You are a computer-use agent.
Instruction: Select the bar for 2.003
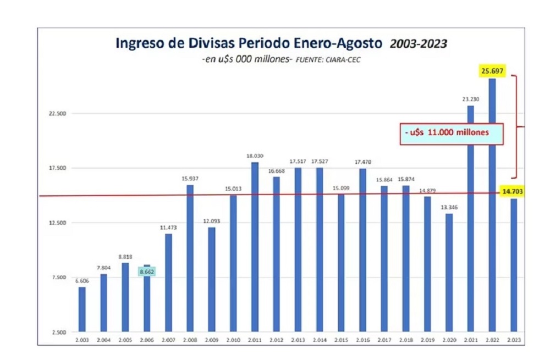point(82,310)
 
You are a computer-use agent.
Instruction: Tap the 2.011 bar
point(255,247)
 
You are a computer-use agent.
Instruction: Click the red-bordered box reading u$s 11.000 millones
point(451,134)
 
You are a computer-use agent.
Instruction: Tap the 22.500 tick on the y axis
point(58,114)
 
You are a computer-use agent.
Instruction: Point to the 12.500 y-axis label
point(58,223)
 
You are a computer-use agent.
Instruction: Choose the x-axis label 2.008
point(190,341)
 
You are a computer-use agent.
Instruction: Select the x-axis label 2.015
point(341,341)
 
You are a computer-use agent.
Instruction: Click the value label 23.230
point(471,99)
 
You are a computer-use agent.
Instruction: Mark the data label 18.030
point(255,156)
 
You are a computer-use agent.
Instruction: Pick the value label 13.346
point(449,207)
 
